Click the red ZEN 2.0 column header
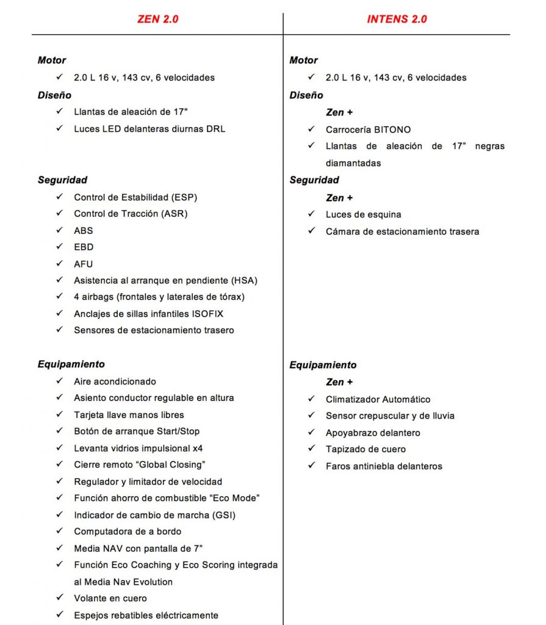point(157,19)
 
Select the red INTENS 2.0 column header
point(397,19)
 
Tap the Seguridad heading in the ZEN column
point(62,180)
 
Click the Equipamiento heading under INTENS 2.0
point(323,365)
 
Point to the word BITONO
point(391,129)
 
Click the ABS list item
point(84,231)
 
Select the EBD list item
point(84,247)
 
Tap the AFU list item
point(84,264)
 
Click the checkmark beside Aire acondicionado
point(59,381)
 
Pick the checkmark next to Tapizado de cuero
point(311,449)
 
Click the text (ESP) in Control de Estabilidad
point(184,197)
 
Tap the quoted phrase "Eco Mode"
point(234,498)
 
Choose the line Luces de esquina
point(363,214)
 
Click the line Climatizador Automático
point(378,399)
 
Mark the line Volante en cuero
point(110,598)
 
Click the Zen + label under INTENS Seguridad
point(339,198)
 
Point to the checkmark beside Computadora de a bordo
point(59,531)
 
